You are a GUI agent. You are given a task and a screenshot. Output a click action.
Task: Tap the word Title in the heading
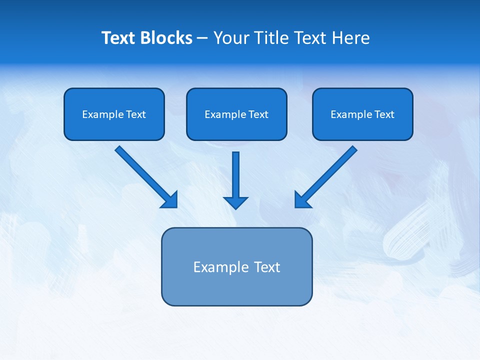click(x=270, y=38)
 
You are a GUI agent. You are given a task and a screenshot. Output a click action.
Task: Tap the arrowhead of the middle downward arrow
click(x=235, y=202)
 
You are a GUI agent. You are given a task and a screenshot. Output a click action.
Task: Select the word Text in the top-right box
click(x=384, y=114)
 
